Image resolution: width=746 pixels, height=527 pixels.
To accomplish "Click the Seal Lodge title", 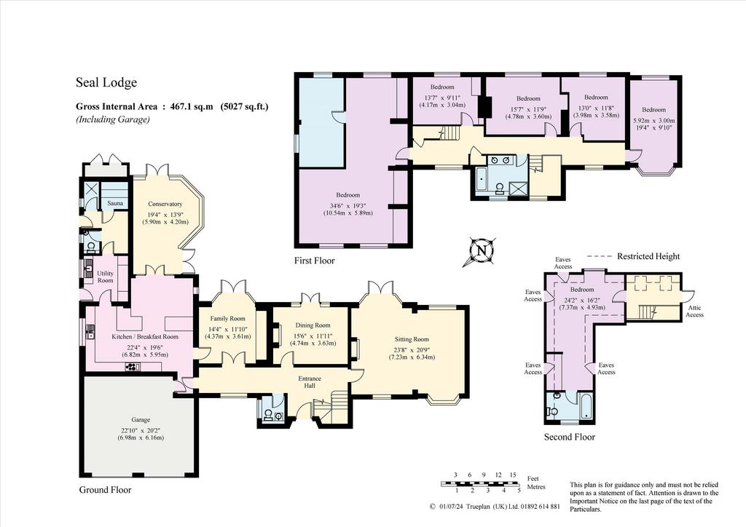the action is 106,83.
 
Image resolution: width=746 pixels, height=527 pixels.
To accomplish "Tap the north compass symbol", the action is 481,250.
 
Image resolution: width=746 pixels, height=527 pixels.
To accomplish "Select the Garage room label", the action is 141,419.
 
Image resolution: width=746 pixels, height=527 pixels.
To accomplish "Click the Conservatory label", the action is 165,204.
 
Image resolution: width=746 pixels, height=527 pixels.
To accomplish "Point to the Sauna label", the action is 115,203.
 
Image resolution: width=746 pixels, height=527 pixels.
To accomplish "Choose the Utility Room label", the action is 105,277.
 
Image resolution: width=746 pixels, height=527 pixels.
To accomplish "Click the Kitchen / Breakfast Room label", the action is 145,336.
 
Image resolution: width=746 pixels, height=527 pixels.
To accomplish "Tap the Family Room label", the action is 227,318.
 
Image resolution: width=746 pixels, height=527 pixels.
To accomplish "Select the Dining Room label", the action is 313,325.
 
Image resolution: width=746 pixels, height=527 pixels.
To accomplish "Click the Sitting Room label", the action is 412,339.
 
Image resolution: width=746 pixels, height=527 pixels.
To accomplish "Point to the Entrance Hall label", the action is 309,382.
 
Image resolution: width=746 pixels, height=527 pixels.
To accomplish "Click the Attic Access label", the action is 694,312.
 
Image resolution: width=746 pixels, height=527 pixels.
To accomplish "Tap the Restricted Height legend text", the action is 648,257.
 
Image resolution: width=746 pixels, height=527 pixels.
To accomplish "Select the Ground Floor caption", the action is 105,490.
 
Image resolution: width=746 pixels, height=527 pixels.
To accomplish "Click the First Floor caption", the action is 314,261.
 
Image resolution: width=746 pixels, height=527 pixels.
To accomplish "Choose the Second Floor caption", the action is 570,437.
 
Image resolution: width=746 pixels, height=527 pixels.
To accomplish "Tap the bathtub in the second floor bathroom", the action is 586,407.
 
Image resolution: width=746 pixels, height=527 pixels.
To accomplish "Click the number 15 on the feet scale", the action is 512,475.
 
